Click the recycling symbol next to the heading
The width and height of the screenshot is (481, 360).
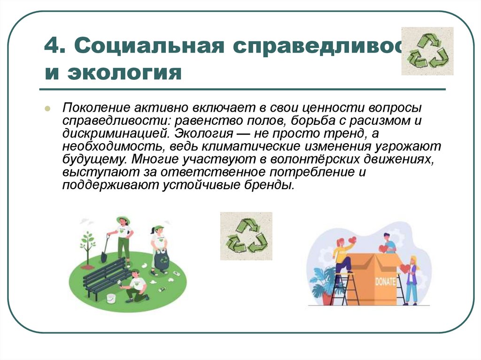click(x=427, y=51)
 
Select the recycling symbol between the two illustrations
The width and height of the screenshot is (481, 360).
click(x=246, y=236)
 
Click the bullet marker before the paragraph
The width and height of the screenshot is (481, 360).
click(x=47, y=108)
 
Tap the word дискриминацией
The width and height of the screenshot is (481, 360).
click(x=113, y=133)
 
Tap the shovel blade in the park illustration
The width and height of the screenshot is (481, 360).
click(x=103, y=258)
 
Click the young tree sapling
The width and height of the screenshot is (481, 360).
click(x=87, y=244)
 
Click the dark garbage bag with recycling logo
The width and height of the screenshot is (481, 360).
click(x=162, y=261)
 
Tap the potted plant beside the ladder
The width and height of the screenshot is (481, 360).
click(x=322, y=284)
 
